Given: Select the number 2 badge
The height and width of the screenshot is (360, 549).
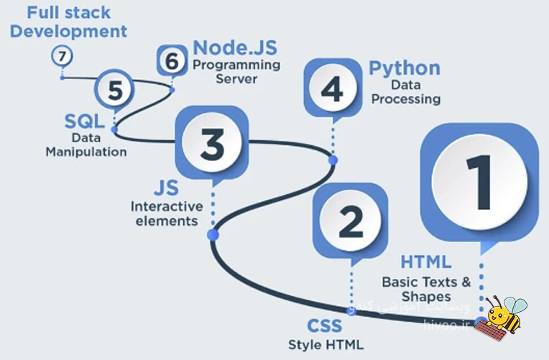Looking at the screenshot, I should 350,221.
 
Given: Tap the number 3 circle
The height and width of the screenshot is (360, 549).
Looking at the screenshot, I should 212,142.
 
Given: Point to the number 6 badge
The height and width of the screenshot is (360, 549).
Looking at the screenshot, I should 172,61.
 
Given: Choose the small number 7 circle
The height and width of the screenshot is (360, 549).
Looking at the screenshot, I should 62,55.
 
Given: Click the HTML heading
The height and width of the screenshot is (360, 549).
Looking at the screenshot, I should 425,262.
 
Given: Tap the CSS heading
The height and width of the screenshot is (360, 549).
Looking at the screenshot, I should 325,328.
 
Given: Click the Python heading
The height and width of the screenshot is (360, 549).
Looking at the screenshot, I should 405,68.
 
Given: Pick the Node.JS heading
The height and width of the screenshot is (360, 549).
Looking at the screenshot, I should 235,48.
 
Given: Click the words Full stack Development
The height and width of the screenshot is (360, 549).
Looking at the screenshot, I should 69,22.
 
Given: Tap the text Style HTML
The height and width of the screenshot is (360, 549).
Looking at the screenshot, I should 326,344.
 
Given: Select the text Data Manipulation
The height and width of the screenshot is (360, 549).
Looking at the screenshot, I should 86,144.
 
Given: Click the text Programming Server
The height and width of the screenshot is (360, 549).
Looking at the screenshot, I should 236,72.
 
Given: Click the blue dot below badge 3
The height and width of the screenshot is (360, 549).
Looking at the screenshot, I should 213,235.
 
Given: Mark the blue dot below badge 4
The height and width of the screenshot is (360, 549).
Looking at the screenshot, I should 333,160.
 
